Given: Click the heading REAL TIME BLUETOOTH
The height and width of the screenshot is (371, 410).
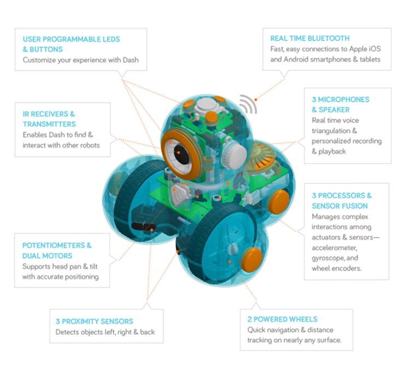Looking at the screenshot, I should (309, 38).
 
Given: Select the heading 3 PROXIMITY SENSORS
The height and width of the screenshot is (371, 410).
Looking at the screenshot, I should (94, 321).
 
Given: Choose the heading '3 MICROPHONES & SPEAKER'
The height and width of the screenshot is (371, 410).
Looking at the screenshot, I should (340, 105).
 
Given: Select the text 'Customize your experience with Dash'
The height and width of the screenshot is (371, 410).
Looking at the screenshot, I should (84, 60).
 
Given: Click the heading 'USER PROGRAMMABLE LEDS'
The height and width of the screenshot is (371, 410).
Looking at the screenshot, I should (71, 39).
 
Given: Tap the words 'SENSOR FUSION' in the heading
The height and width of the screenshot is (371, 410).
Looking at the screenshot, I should (339, 206).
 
